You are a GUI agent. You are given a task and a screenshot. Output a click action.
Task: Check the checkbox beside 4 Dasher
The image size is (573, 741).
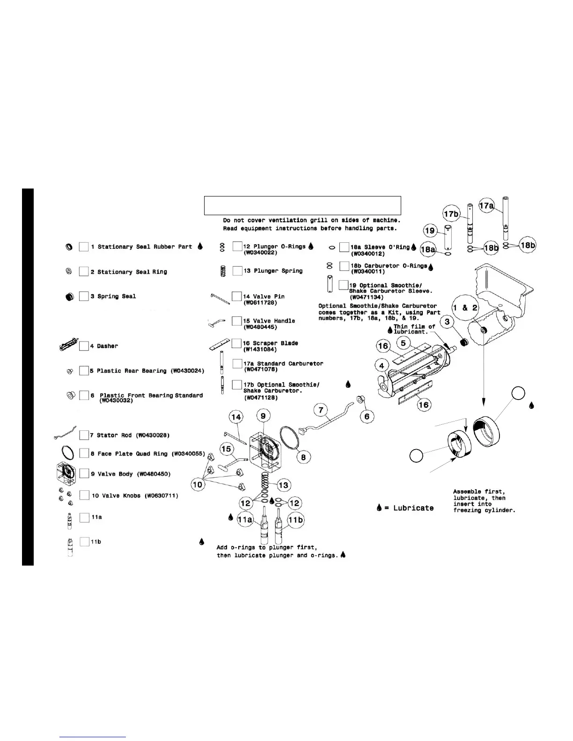(84, 346)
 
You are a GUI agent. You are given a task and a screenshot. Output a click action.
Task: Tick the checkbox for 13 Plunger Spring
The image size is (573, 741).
(237, 271)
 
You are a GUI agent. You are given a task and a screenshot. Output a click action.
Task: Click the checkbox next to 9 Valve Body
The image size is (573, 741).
(84, 473)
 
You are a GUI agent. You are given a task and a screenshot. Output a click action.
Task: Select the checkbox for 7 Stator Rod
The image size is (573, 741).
(84, 435)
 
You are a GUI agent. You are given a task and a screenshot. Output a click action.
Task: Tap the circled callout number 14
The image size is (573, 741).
(235, 417)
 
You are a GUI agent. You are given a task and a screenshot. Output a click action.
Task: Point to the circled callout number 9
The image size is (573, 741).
(263, 415)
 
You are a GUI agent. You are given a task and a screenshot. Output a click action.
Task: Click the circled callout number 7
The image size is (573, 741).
(321, 411)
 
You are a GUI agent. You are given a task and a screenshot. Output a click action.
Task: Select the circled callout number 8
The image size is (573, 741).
(303, 457)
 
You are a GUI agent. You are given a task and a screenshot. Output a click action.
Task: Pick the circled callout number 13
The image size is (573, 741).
(284, 485)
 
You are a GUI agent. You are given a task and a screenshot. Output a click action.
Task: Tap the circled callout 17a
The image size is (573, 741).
(486, 205)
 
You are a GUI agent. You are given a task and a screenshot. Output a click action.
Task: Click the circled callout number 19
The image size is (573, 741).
(430, 230)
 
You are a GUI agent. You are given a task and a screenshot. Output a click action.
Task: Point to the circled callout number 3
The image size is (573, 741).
(447, 322)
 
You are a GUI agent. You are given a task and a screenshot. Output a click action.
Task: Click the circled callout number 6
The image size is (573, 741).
(367, 416)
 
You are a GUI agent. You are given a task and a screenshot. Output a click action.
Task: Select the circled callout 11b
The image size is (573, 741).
(295, 520)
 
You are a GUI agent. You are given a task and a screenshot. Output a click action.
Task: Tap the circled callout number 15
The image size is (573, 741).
(227, 449)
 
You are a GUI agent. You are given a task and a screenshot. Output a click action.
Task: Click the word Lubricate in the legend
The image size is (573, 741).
(413, 508)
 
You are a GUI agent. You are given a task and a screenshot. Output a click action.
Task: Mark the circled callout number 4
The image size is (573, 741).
(382, 365)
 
